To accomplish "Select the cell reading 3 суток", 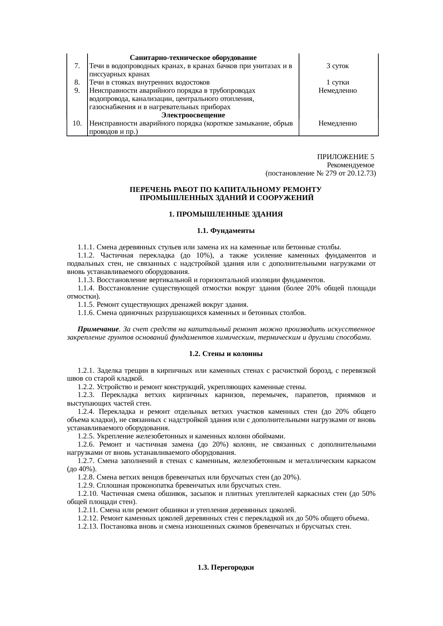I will (x=338, y=66).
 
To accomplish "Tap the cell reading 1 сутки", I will (x=338, y=82).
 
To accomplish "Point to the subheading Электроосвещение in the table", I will (x=193, y=115).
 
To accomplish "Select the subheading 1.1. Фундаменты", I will (x=225, y=231).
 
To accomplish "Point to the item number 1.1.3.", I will (x=86, y=279).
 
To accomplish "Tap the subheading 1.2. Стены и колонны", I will (x=225, y=354).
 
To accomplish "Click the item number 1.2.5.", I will (x=86, y=436).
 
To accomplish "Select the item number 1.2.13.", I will (x=88, y=526).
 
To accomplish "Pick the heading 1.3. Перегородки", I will (x=225, y=568).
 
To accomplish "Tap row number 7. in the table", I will (x=77, y=66).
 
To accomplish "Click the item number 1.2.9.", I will (x=86, y=485).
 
